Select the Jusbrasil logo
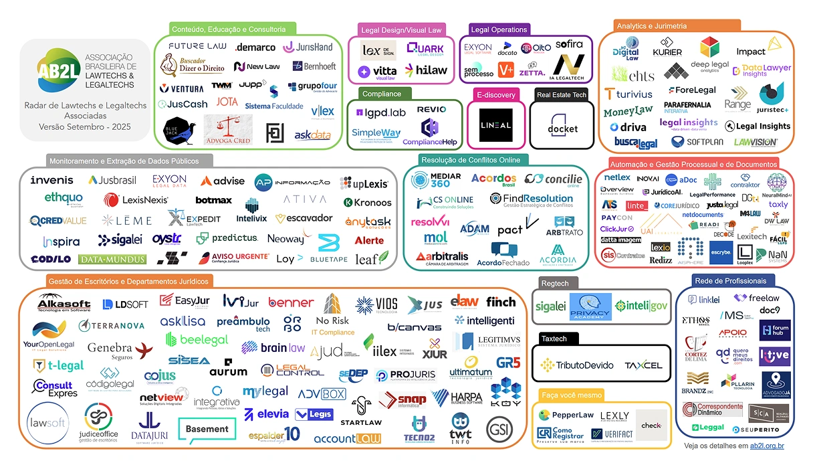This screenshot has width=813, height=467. pyautogui.click(x=112, y=181)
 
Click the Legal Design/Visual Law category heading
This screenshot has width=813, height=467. pyautogui.click(x=401, y=30)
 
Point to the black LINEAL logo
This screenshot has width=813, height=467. pyautogui.click(x=495, y=125)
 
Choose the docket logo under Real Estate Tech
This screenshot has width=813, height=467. pyautogui.click(x=562, y=128)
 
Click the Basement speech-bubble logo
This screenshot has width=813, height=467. pyautogui.click(x=207, y=430)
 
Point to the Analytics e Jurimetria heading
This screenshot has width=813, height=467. pyautogui.click(x=651, y=26)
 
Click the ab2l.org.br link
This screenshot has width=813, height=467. pyautogui.click(x=767, y=445)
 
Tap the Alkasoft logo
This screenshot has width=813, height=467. pyautogui.click(x=64, y=302)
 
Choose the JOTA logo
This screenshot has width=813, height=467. pyautogui.click(x=227, y=102)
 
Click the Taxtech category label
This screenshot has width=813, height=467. pyautogui.click(x=554, y=339)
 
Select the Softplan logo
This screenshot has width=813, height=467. pyautogui.click(x=696, y=142)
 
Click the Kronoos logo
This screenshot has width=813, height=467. pyautogui.click(x=367, y=202)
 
